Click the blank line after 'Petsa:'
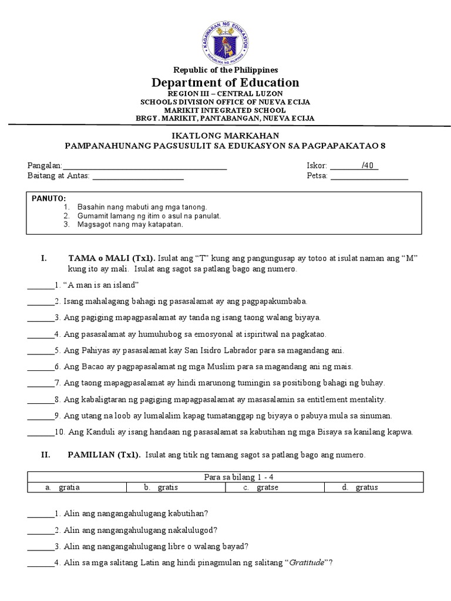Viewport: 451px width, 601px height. [x=369, y=176]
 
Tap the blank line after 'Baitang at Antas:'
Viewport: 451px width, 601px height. [x=138, y=176]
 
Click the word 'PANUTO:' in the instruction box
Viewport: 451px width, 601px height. [x=49, y=199]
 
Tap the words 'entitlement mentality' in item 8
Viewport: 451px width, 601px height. [x=348, y=400]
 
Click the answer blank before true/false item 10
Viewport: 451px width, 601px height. [x=39, y=433]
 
